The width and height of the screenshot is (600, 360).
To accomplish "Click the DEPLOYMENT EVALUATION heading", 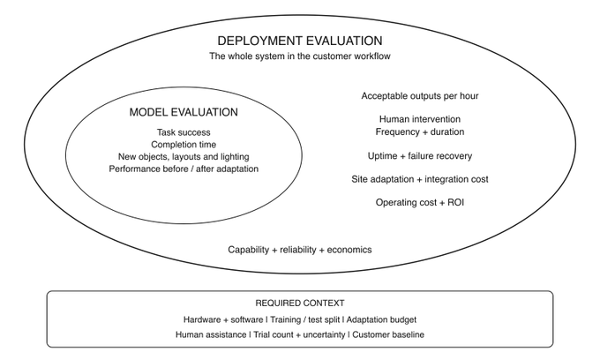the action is click(x=300, y=41).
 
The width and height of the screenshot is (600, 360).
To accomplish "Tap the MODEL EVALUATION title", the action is click(x=184, y=112).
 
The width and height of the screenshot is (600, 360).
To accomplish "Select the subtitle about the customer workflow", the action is click(x=300, y=56).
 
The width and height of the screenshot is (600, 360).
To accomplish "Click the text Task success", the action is click(x=184, y=132).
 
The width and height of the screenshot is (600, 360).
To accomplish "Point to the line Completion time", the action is click(x=184, y=145).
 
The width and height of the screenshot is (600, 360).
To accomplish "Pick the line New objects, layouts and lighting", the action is click(x=184, y=157).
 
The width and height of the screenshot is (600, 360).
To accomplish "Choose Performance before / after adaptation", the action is click(x=184, y=169).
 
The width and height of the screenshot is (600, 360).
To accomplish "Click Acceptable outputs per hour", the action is click(x=420, y=96).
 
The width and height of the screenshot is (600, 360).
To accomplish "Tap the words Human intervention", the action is click(x=420, y=119).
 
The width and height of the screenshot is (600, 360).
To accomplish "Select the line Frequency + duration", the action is click(x=420, y=132).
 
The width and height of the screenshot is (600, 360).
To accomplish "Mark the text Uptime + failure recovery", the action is click(x=420, y=156).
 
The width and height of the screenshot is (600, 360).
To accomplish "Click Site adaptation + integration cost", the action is click(x=420, y=179).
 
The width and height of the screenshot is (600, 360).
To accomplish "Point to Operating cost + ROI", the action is click(x=420, y=202).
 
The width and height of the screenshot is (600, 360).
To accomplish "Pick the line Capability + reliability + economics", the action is click(x=300, y=250).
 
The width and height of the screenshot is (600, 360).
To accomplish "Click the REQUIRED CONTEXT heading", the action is click(x=300, y=304).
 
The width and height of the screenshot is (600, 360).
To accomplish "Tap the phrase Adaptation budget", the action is click(x=381, y=319).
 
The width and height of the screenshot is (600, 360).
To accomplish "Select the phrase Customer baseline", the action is click(x=388, y=334).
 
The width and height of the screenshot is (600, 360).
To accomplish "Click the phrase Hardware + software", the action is click(x=223, y=319).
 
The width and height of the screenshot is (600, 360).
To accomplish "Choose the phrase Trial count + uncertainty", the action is click(x=299, y=334).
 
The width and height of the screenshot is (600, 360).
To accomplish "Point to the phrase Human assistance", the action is click(x=211, y=334).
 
